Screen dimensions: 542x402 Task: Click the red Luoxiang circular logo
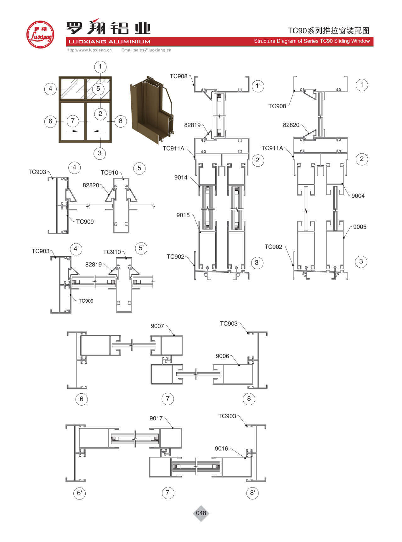point(40,34)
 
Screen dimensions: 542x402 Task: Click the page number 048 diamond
point(201,513)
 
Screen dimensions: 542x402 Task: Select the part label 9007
point(157,326)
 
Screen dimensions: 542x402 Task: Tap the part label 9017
point(156,418)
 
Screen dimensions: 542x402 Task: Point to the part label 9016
point(221,448)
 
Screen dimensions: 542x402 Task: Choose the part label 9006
point(222,356)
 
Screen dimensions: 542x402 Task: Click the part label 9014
point(181,177)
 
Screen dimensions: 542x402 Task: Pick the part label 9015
point(183,215)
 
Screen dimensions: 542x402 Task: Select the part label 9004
point(358,196)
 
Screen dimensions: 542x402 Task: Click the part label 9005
point(360,227)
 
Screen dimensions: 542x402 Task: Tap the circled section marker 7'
point(168,493)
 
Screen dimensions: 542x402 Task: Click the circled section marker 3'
point(257,262)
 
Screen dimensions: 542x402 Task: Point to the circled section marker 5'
point(141,248)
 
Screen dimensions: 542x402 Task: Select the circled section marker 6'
point(79,493)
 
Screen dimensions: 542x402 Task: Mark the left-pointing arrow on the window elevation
point(99,131)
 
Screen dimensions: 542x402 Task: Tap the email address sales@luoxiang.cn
point(146,50)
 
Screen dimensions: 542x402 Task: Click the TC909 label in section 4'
point(86,301)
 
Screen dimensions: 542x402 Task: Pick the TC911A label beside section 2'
point(173,148)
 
